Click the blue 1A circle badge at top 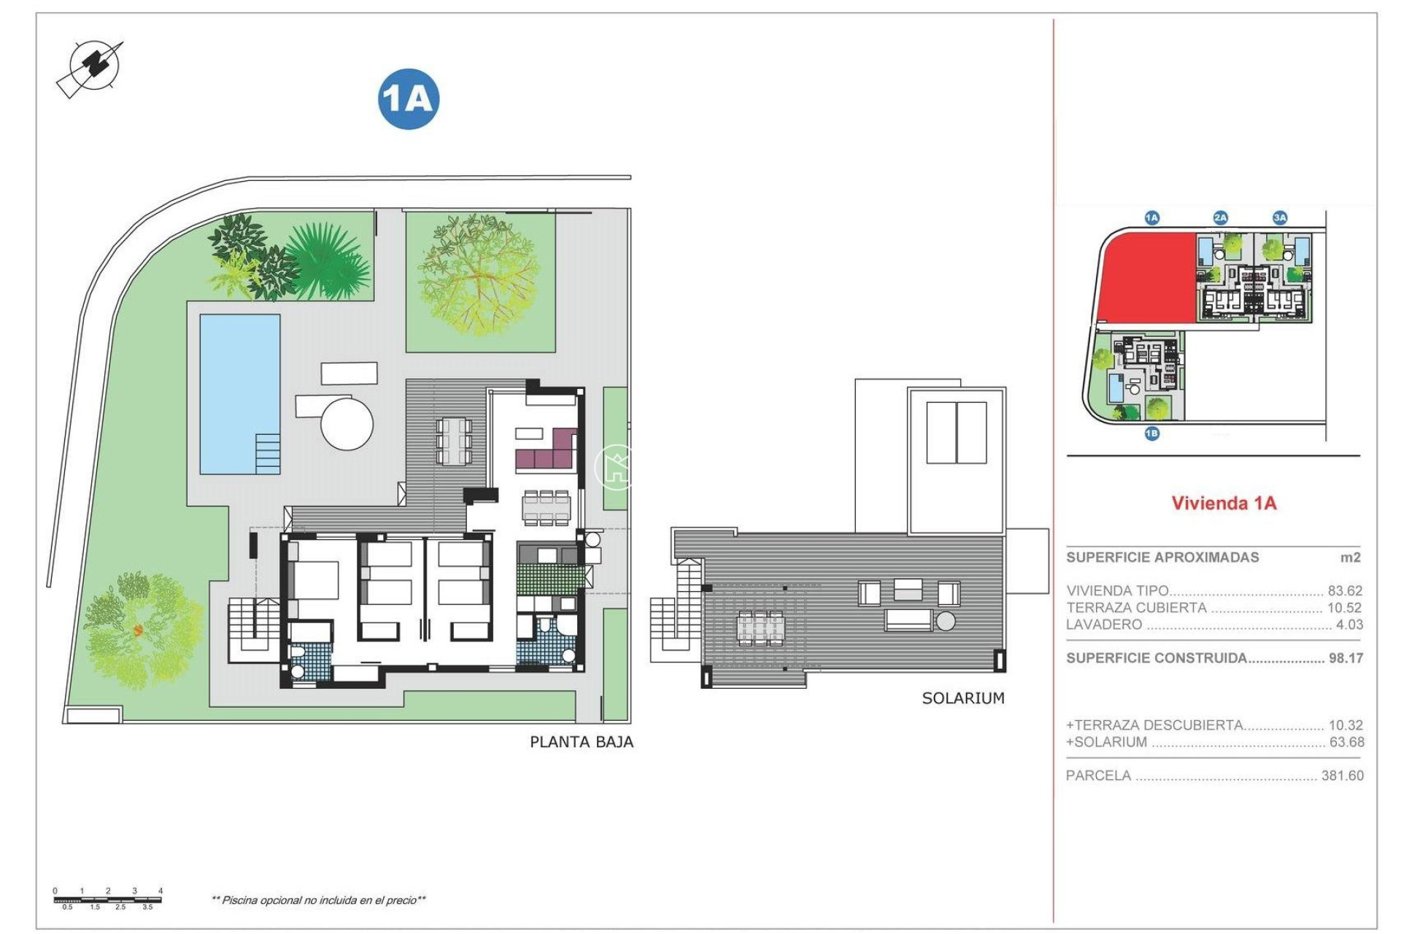click(x=409, y=99)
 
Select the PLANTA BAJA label click(x=582, y=742)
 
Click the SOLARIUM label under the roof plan click(x=963, y=698)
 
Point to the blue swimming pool click(x=239, y=394)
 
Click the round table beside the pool click(x=347, y=423)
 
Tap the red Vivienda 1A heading click(x=1224, y=503)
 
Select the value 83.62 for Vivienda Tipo click(x=1345, y=591)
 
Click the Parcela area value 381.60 click(x=1342, y=776)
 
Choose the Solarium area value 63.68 click(x=1346, y=742)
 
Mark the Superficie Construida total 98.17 click(x=1346, y=658)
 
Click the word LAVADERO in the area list click(x=1104, y=625)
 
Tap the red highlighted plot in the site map click(x=1146, y=277)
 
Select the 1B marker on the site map click(x=1151, y=434)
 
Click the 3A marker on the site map click(x=1280, y=217)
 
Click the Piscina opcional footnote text click(x=318, y=900)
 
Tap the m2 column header click(x=1351, y=557)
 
